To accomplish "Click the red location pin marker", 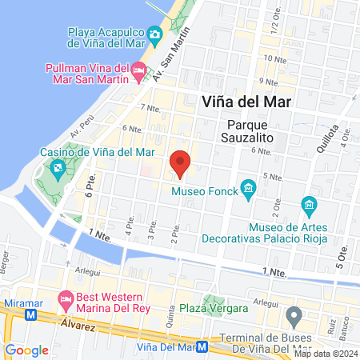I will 181,163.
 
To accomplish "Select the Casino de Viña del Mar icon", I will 58,168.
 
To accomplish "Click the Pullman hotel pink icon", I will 139,73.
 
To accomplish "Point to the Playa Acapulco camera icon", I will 155,35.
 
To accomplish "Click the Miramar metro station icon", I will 32,315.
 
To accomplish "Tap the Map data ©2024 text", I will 324,354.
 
